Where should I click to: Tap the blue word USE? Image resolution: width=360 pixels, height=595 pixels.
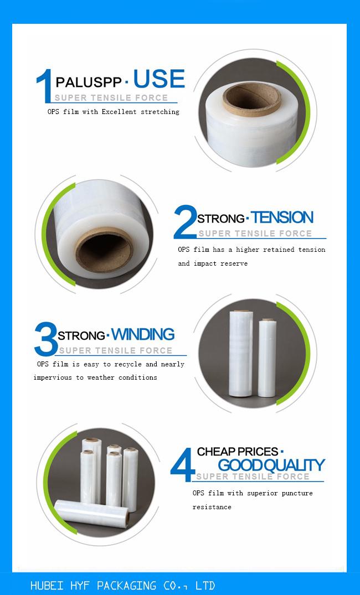click(x=158, y=80)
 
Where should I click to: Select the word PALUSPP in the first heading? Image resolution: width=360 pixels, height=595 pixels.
click(x=89, y=83)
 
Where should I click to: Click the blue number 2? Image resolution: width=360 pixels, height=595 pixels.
click(x=185, y=223)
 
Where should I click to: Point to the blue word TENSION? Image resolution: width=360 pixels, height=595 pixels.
click(x=282, y=218)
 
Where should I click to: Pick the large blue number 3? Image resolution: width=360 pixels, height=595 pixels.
click(x=45, y=339)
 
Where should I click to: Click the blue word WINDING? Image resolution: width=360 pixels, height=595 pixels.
click(x=143, y=334)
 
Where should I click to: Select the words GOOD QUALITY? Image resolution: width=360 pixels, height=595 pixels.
click(x=271, y=465)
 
